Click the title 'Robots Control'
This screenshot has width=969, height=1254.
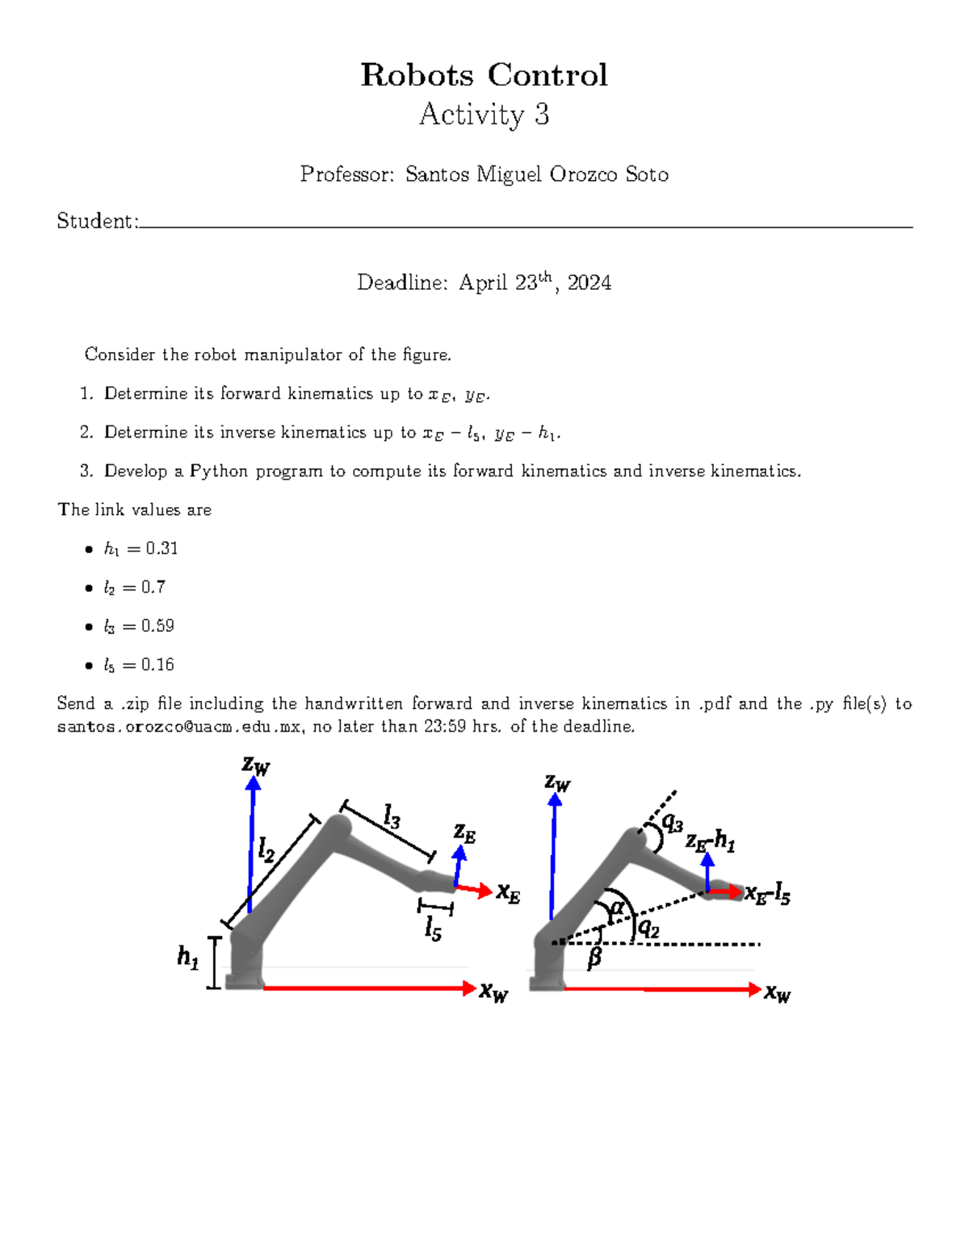pos(484,75)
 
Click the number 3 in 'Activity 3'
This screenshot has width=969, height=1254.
pos(541,115)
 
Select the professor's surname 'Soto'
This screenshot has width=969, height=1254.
pos(647,174)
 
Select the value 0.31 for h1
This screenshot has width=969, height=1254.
pos(161,548)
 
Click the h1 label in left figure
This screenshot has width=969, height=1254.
pos(187,958)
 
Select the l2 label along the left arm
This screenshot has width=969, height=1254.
pos(266,850)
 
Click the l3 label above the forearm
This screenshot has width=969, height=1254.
pos(392,817)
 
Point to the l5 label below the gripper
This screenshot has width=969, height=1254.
pos(433,929)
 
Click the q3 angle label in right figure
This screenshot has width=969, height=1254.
pos(672,824)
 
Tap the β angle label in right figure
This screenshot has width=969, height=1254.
pos(594,958)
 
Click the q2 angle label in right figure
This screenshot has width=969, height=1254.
pos(648,929)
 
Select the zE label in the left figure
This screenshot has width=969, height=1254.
pos(464,833)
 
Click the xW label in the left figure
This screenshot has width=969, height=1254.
pos(493,992)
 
